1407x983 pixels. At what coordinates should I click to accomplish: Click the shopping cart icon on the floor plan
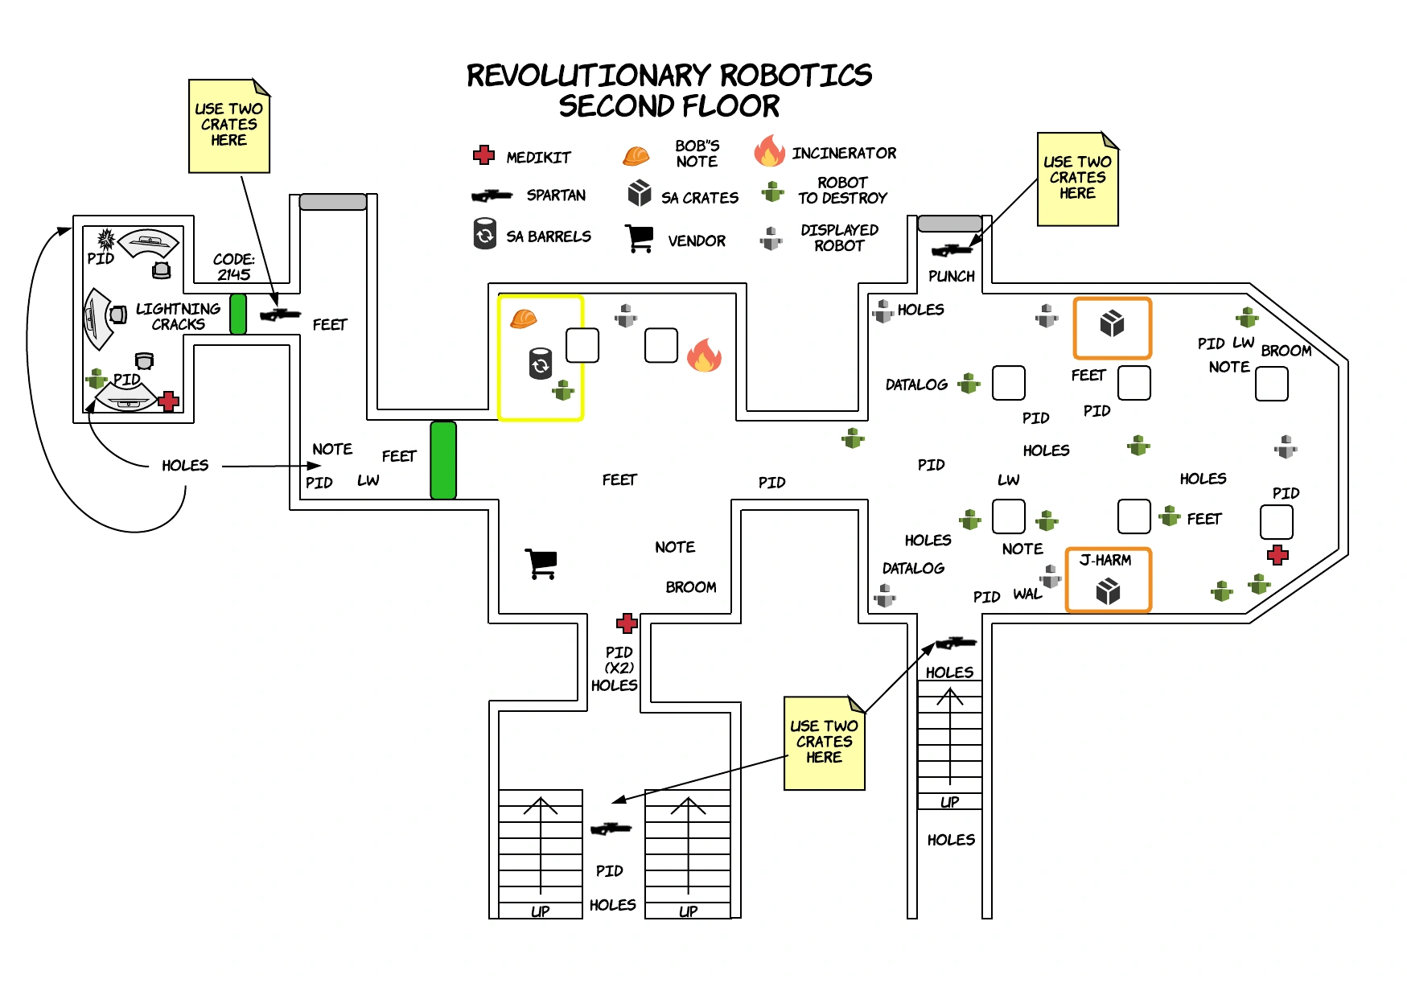point(541,563)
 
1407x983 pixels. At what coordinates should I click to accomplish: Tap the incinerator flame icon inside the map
point(704,355)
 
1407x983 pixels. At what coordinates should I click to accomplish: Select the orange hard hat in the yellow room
point(524,319)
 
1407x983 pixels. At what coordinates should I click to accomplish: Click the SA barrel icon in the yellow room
point(541,364)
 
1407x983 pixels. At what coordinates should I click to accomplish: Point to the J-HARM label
point(1105,560)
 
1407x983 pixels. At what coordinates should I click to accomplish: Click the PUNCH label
point(952,276)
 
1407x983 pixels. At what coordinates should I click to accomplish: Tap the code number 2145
point(234,274)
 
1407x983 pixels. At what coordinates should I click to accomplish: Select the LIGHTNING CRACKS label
point(178,316)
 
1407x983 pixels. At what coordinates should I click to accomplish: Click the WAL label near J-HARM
point(1027,594)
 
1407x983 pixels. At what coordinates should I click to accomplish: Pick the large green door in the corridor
point(443,460)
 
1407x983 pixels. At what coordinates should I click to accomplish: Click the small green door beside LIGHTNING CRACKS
point(238,314)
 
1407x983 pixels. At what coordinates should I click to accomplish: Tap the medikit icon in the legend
point(483,155)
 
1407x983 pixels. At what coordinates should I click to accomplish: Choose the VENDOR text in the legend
point(697,241)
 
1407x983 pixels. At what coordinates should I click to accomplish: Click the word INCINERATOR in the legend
point(844,153)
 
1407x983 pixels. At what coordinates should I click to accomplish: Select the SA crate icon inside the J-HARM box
point(1108,592)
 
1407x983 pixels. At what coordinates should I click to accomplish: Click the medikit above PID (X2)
point(627,623)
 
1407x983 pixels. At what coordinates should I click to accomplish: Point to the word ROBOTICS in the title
point(795,76)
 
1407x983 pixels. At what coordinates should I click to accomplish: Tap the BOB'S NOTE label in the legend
point(697,154)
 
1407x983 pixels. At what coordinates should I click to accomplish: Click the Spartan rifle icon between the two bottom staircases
point(611,829)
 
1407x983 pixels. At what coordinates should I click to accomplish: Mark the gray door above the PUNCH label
point(949,223)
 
